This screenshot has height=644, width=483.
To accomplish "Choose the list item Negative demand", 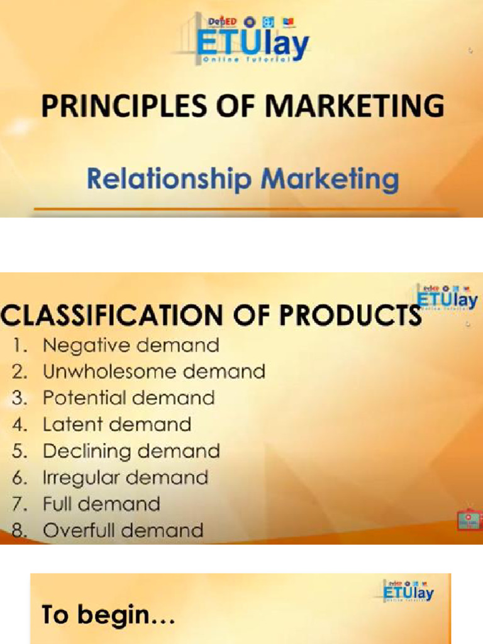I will pos(131,345).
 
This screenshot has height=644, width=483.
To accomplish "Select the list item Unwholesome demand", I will pos(153,372).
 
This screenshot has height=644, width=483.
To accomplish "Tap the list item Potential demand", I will pos(128,398).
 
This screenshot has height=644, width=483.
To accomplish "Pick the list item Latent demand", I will pos(116,425).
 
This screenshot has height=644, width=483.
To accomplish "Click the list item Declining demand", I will pos(131,451).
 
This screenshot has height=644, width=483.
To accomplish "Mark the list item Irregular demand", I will pos(125,477).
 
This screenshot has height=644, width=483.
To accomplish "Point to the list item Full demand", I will pos(101,504).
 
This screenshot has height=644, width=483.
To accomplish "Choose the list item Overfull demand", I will pos(123,530).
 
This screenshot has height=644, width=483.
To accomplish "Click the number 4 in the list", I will pos(19,425).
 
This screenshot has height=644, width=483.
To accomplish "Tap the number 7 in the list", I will pos(19,504).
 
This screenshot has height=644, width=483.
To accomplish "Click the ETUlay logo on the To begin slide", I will pos(408,591).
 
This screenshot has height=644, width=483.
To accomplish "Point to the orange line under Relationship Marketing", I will pos(245,208).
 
